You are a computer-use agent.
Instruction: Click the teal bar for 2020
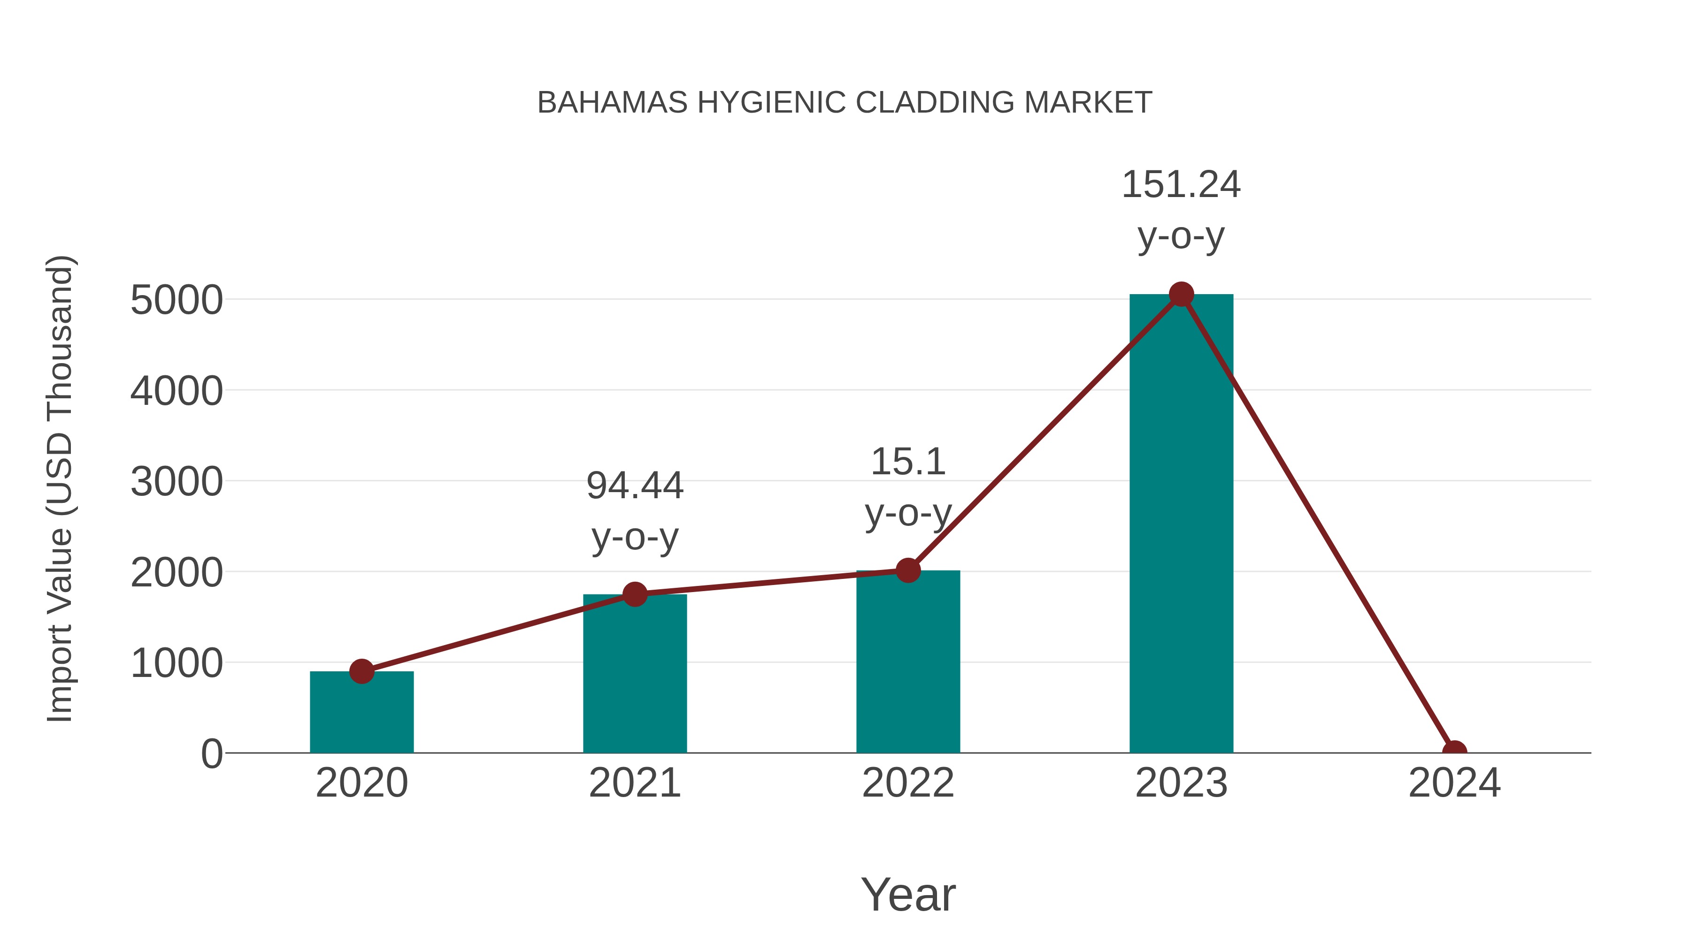(x=361, y=714)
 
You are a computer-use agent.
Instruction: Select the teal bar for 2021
(x=634, y=675)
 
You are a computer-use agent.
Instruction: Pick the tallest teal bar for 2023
(x=1181, y=524)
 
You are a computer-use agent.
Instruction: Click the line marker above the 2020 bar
(x=361, y=671)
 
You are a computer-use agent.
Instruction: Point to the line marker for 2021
(x=634, y=595)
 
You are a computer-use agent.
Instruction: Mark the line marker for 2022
(x=908, y=570)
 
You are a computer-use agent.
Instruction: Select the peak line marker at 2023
(x=1181, y=294)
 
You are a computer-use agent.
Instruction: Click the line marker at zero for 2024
(x=1454, y=752)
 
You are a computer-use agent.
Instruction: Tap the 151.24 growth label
(x=1181, y=185)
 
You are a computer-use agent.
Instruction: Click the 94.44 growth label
(x=634, y=486)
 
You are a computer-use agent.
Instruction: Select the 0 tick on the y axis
(x=212, y=754)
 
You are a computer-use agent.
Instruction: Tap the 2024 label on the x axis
(x=1454, y=783)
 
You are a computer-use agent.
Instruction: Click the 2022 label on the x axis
(x=908, y=783)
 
